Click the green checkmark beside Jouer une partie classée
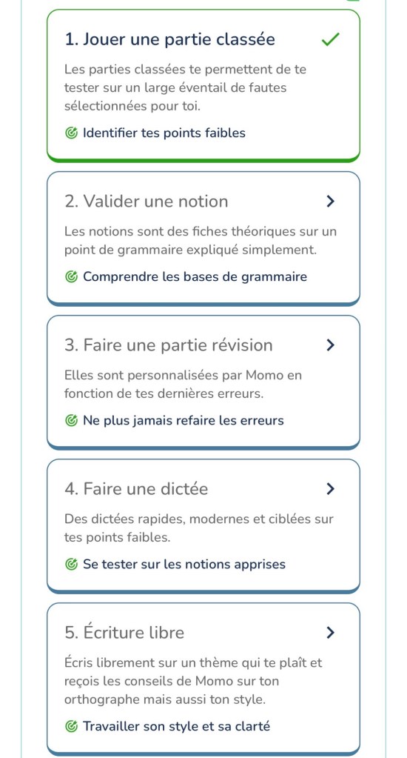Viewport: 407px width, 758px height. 330,40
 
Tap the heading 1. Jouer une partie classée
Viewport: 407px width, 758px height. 169,40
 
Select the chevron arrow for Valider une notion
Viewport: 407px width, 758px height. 330,202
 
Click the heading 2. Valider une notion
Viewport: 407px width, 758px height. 146,202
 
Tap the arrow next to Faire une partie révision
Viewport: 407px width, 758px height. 330,345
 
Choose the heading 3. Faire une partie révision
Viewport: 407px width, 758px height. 168,345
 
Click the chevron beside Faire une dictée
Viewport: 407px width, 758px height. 330,489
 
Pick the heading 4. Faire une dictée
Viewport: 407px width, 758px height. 136,489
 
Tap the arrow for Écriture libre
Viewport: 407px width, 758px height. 330,633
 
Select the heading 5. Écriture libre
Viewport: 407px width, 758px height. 124,633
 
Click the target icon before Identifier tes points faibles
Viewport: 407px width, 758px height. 71,133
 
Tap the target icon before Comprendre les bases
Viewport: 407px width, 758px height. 71,277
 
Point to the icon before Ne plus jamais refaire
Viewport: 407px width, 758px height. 71,421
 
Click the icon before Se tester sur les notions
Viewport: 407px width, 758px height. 71,565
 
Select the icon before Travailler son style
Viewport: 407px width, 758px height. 71,727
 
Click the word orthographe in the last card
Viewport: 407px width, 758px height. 98,699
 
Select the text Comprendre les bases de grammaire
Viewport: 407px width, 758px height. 195,277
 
